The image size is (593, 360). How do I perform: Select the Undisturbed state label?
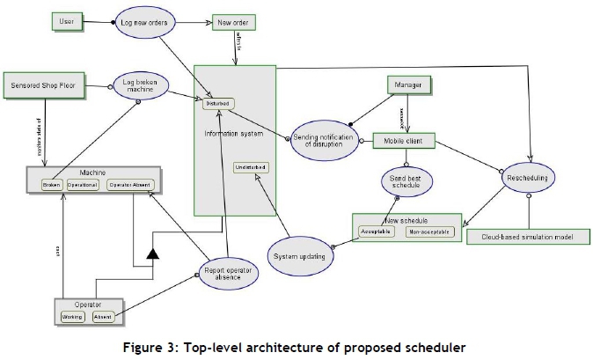[x=251, y=167]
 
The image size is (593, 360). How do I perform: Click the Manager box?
[x=413, y=84]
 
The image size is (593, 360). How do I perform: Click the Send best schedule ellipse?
[x=406, y=182]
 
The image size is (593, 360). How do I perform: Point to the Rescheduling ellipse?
[x=528, y=178]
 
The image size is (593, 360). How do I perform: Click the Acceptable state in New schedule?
[x=376, y=232]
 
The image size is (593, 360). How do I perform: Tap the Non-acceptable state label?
[x=428, y=232]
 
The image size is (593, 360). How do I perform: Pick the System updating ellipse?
[x=299, y=257]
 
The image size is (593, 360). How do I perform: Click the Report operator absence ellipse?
[x=226, y=270]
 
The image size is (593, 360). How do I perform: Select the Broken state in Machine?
[x=51, y=186]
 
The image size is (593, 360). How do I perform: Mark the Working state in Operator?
[x=72, y=315]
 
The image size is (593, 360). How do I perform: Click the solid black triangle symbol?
[x=154, y=254]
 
